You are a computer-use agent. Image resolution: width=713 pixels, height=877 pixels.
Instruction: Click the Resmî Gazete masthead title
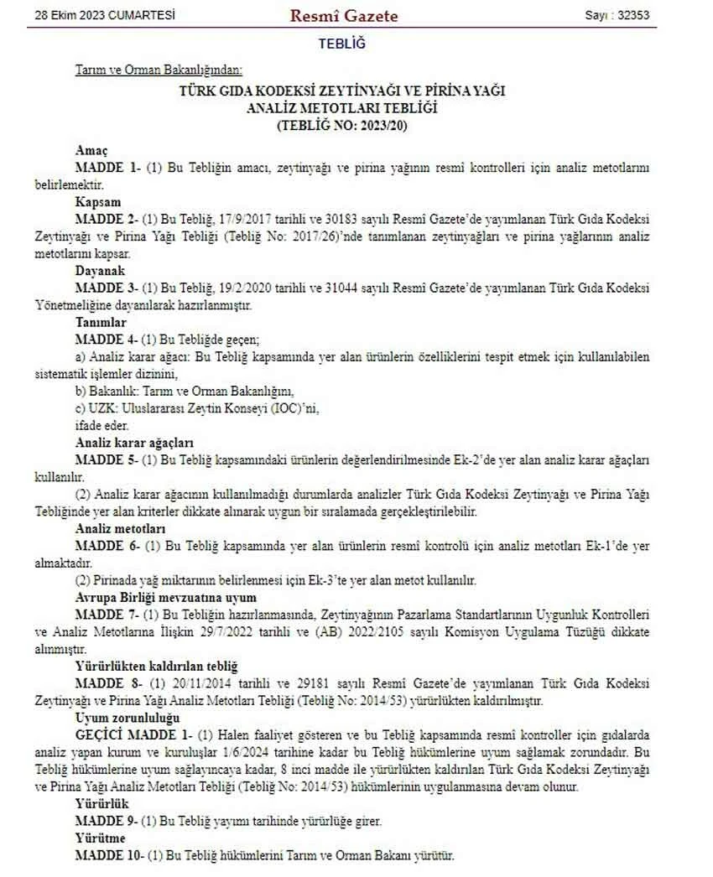coord(343,15)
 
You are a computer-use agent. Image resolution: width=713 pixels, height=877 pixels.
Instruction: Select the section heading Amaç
coord(91,151)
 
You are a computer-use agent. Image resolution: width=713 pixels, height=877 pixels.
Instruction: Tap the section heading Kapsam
coord(98,202)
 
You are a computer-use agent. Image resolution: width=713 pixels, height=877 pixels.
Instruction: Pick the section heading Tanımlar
coord(101,322)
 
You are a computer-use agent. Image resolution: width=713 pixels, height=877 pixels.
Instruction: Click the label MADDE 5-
coord(107,460)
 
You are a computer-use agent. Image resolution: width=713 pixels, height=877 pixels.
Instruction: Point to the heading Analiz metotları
coord(120,529)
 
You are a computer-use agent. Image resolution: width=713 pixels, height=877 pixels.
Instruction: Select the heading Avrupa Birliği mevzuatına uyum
coord(164,598)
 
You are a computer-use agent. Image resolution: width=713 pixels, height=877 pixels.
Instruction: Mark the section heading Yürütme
coord(100,838)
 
